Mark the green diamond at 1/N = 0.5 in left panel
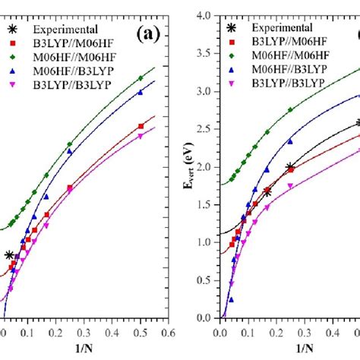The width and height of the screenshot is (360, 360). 140,78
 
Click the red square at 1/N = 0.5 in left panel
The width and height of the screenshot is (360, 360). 140,126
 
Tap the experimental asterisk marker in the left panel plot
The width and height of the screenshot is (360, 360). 9,256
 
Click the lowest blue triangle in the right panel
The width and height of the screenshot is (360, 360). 231,299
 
